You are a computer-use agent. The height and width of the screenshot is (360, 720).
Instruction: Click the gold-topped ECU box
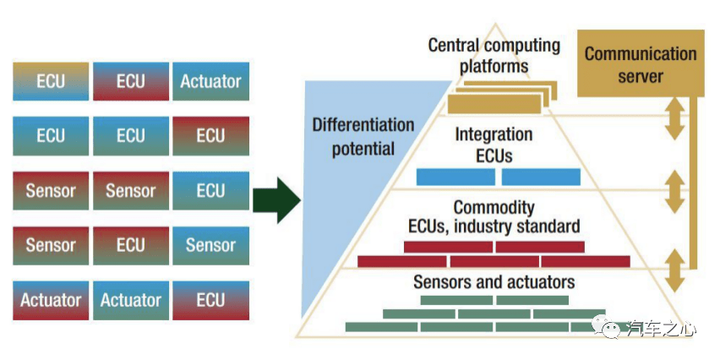tap(51, 82)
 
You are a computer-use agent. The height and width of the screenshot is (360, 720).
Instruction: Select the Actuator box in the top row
tap(210, 82)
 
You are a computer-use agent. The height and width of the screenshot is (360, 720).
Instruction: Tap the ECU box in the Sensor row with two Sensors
tap(210, 191)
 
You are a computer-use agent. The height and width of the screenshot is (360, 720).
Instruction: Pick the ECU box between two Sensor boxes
tap(130, 245)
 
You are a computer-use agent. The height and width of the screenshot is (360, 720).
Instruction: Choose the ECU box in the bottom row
tap(210, 300)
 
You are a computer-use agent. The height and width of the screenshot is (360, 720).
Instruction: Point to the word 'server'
tap(641, 77)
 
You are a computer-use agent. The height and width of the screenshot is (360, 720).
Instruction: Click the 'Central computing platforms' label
tap(494, 55)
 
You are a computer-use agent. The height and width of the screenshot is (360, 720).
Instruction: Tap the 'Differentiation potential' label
tap(363, 137)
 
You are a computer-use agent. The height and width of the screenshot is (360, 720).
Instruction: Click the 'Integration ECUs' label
tap(494, 145)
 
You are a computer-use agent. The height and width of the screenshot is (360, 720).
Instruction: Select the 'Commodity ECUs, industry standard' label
tap(494, 216)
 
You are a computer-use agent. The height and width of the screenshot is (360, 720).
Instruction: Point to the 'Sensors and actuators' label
tap(494, 281)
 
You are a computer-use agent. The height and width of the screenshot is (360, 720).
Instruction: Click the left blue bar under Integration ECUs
tap(455, 177)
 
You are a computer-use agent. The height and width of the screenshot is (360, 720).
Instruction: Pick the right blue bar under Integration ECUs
tap(541, 177)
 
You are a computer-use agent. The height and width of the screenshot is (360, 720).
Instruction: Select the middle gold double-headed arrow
tap(674, 193)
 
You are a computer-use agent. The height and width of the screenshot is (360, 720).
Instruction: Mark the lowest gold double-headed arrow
tap(674, 270)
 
